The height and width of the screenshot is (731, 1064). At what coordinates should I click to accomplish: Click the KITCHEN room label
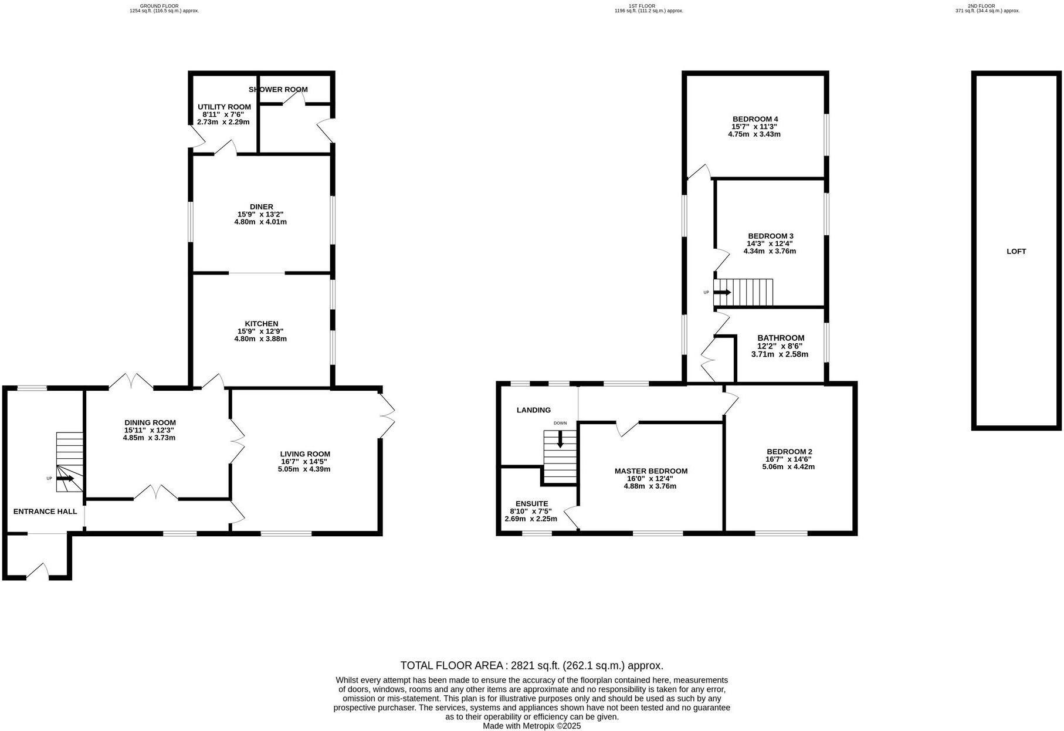(261, 324)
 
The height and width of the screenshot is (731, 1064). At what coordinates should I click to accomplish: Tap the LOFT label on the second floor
(1016, 251)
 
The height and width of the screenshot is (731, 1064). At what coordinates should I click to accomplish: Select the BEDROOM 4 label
(754, 119)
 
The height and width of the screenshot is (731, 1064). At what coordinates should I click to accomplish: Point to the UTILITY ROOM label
(224, 107)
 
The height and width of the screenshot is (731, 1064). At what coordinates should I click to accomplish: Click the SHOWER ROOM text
(278, 90)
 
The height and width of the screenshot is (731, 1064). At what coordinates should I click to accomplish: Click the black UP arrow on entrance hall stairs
(65, 479)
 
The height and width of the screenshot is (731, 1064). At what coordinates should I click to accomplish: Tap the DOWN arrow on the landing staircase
(560, 439)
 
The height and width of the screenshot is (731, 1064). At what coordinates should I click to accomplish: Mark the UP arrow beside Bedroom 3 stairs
(723, 292)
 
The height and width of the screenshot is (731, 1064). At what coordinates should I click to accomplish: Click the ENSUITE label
(531, 503)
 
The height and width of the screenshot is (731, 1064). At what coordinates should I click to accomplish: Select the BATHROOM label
(780, 338)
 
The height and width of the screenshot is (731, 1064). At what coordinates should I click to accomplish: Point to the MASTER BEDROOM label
(650, 471)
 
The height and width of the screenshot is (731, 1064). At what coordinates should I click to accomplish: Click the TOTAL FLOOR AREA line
(531, 665)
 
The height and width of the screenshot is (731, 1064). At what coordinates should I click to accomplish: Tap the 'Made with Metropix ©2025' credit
(531, 726)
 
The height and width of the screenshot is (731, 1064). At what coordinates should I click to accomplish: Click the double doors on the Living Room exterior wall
(387, 416)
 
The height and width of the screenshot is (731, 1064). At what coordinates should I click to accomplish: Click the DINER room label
(261, 207)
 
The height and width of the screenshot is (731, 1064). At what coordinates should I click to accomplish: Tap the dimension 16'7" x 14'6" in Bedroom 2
(788, 459)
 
